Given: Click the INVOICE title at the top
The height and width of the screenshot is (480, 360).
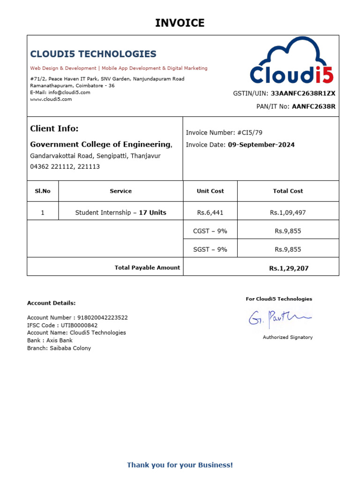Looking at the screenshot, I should (x=180, y=23).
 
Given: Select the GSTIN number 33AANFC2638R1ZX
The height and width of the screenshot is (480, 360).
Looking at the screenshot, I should (x=303, y=93).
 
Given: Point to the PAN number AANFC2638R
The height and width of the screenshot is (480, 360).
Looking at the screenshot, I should (x=314, y=106).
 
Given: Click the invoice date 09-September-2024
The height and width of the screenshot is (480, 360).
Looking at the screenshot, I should (x=261, y=145).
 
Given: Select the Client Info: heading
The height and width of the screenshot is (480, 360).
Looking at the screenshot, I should (x=54, y=128).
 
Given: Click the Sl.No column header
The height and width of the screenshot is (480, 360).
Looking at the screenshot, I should (x=43, y=191).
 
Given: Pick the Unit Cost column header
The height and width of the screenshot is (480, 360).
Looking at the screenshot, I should (x=210, y=191).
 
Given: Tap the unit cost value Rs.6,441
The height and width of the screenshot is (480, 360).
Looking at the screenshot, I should (x=210, y=213).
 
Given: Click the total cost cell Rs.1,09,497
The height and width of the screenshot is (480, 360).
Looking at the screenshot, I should (x=288, y=213).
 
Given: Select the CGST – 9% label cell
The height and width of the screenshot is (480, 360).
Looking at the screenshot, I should (x=210, y=231).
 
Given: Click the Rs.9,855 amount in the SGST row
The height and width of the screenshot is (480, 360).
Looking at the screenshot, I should (x=288, y=249).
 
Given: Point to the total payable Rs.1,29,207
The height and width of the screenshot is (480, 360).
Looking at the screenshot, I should (x=289, y=269).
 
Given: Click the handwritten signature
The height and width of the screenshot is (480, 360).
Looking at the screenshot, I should (x=279, y=319).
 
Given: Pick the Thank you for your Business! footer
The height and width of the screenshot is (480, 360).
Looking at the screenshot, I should (x=180, y=465).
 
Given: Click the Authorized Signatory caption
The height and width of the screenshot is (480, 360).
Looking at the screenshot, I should (x=287, y=337).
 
